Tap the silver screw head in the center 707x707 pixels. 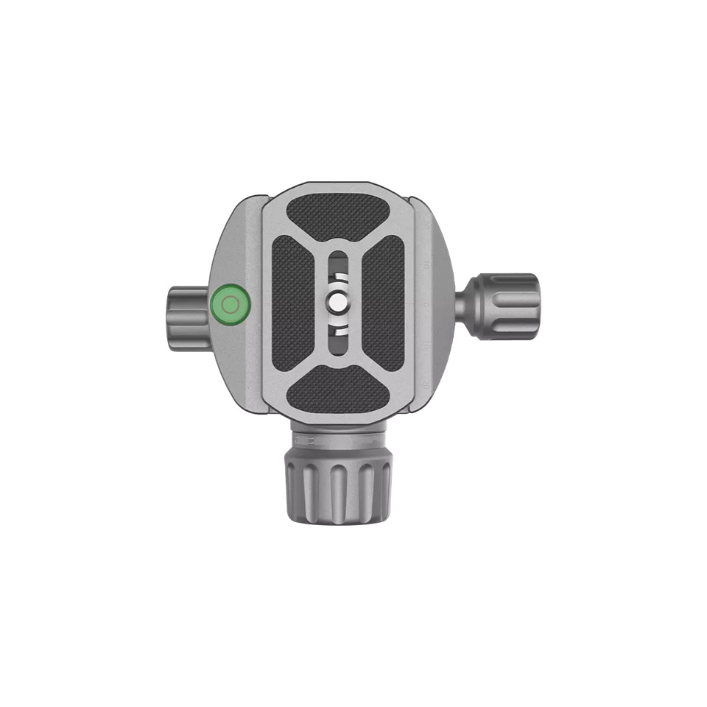point(337,303)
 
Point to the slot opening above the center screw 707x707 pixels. point(337,264)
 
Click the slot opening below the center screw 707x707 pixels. point(337,342)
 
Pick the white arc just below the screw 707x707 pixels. point(337,325)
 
